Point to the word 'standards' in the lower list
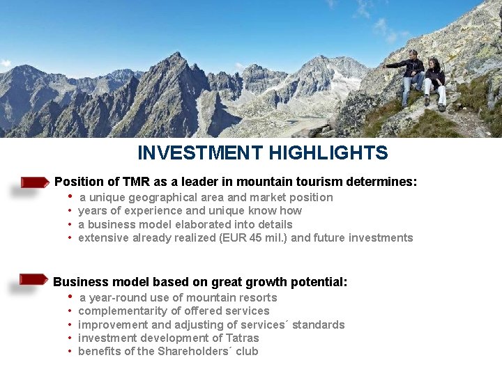(319, 325)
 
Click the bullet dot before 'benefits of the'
(70, 352)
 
